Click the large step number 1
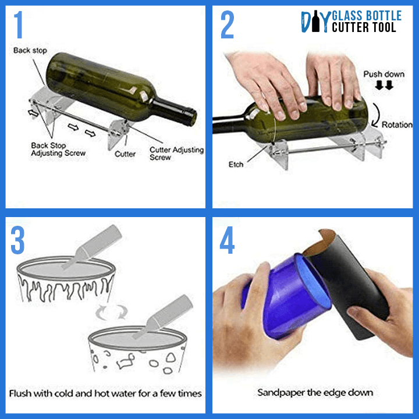point(18,24)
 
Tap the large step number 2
point(227,25)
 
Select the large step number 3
point(17,240)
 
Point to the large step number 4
point(227,240)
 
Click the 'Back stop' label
point(30,50)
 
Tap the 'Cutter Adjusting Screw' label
point(177,154)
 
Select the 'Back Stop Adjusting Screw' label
point(58,149)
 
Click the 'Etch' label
point(236,164)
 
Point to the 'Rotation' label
point(397,125)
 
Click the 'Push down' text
point(384,74)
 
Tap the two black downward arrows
point(384,85)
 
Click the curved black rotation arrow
point(377,115)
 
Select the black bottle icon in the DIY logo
point(315,21)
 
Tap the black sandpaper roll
point(347,283)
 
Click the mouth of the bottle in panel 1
point(193,118)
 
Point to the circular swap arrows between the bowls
point(111,312)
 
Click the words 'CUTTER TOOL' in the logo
point(364,27)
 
